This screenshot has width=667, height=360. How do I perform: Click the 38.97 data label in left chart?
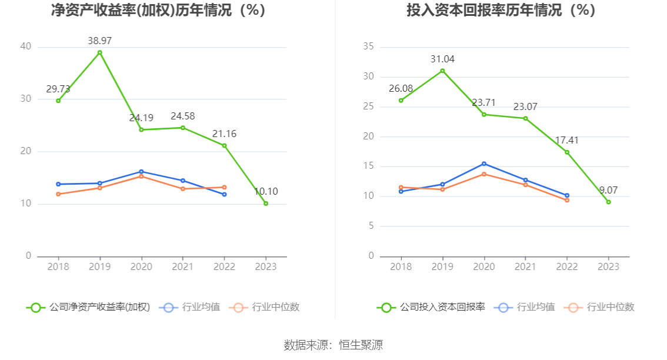(99, 41)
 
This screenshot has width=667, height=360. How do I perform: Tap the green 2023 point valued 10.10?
(266, 204)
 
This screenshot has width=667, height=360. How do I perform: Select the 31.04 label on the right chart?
(442, 59)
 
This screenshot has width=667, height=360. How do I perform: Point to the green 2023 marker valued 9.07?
(608, 202)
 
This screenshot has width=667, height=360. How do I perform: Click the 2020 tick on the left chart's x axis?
(141, 266)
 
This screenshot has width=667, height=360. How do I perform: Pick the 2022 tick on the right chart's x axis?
(567, 266)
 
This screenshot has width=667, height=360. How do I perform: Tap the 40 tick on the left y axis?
(25, 46)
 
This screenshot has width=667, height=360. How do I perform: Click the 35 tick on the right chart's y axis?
(369, 46)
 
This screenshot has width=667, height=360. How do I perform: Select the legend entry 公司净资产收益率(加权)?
(88, 307)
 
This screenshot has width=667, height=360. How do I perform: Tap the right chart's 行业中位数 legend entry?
(599, 307)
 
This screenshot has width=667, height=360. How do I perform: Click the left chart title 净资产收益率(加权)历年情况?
(158, 11)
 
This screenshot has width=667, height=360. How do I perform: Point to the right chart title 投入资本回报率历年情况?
(501, 11)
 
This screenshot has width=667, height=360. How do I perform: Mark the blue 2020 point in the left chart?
(141, 172)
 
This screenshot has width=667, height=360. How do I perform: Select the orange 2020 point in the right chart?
(484, 174)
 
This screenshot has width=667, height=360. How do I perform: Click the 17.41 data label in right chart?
(567, 141)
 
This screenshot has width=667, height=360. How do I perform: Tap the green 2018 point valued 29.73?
(58, 101)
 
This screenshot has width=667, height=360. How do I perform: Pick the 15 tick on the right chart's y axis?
(369, 166)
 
